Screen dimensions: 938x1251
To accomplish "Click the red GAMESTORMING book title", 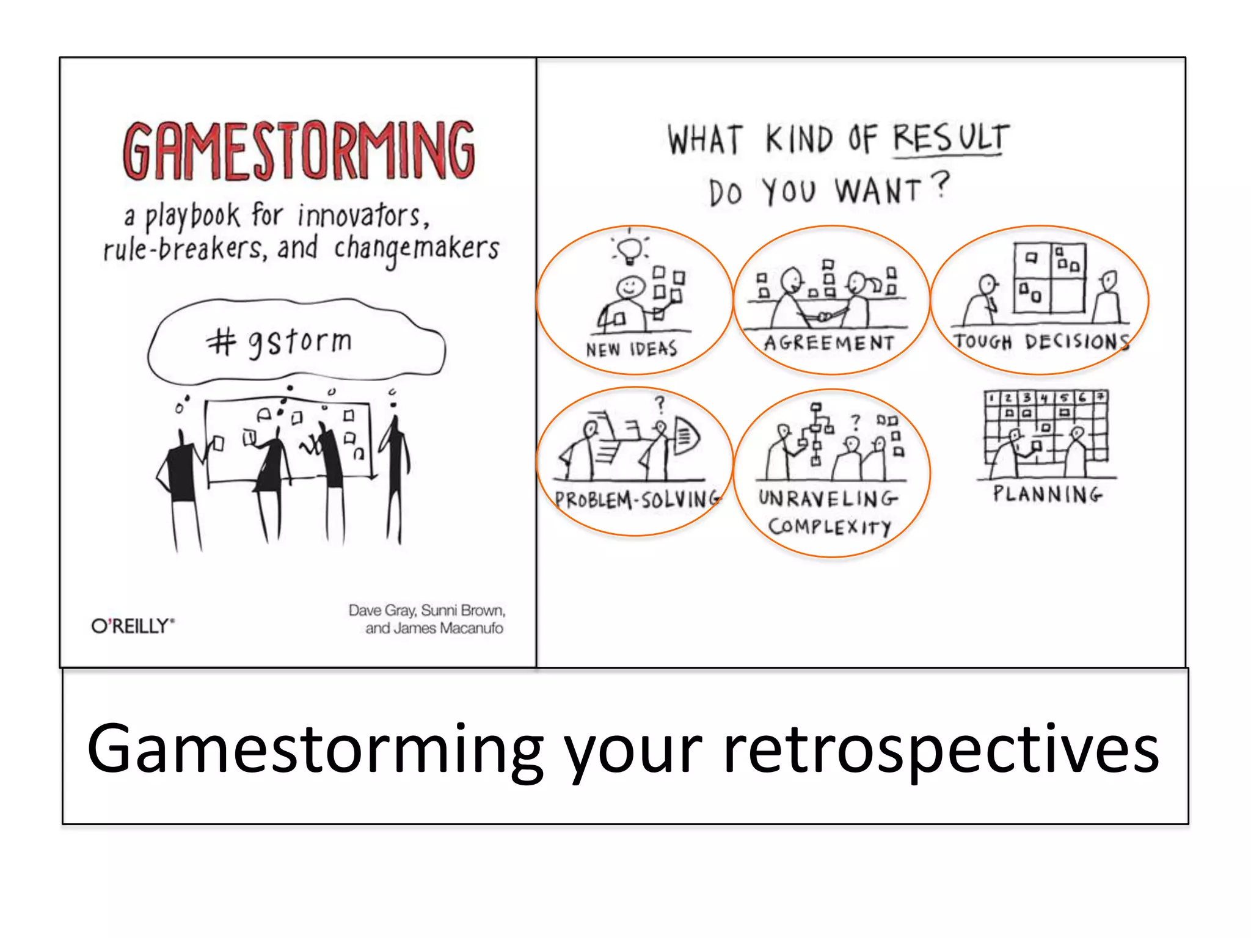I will pyautogui.click(x=299, y=150).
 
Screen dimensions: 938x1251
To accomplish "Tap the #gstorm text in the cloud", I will pyautogui.click(x=279, y=341).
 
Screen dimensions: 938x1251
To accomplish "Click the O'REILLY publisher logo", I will pyautogui.click(x=133, y=626).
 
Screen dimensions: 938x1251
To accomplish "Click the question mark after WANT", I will pyautogui.click(x=942, y=185).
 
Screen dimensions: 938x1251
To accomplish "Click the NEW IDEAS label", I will pyautogui.click(x=632, y=349).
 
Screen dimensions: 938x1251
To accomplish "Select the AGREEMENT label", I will pyautogui.click(x=829, y=343).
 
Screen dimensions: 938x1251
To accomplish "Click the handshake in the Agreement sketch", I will pyautogui.click(x=822, y=316).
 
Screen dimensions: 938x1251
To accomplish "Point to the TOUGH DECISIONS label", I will pyautogui.click(x=1041, y=341).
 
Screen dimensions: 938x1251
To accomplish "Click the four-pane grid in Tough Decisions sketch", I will pyautogui.click(x=1049, y=277).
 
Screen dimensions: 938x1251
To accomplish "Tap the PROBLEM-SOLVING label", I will pyautogui.click(x=637, y=500).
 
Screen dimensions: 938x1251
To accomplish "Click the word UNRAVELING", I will pyautogui.click(x=828, y=499).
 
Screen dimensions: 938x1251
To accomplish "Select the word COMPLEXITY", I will pyautogui.click(x=830, y=526).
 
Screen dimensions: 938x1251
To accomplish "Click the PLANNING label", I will pyautogui.click(x=1047, y=493).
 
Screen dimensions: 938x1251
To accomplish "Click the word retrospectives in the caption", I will pyautogui.click(x=940, y=749).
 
